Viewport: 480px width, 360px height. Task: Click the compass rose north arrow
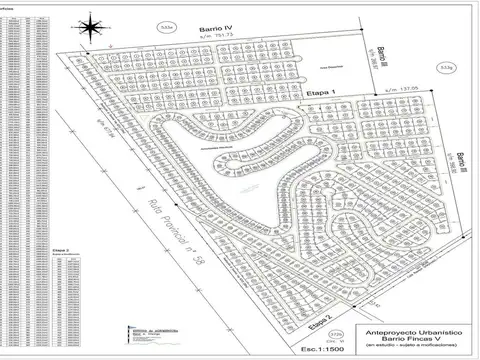[91, 23]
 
